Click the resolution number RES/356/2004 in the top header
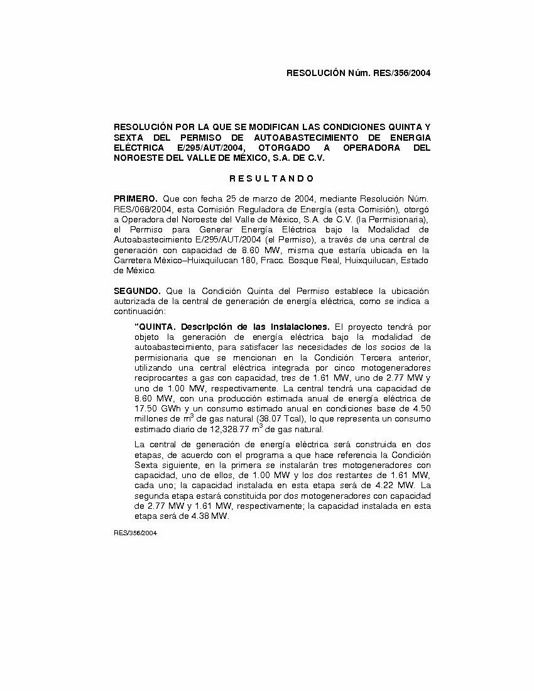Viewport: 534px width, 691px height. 402,73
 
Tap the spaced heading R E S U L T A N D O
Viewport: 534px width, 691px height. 271,178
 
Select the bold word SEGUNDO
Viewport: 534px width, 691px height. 137,291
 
